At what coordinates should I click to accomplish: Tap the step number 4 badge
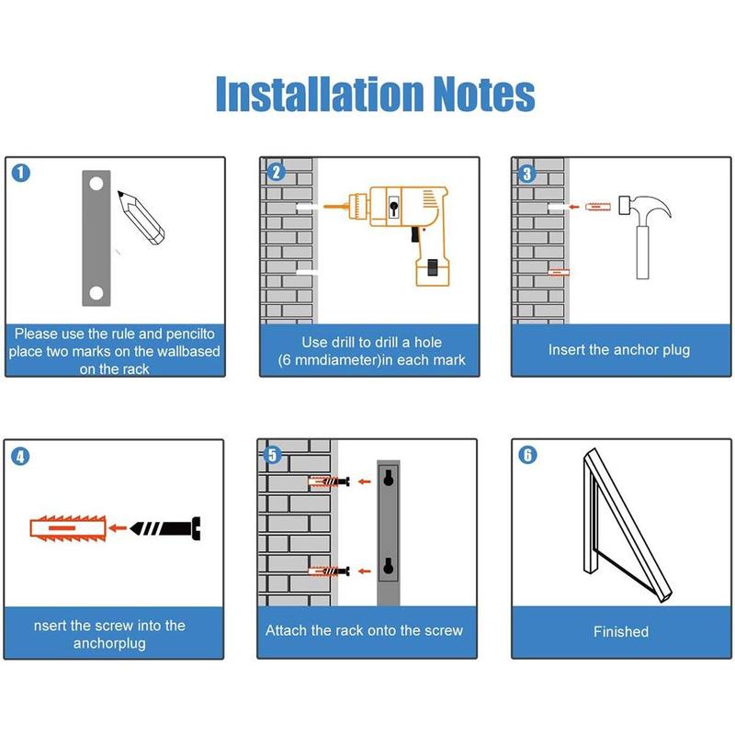coord(20,456)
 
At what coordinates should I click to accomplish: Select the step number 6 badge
coord(527,455)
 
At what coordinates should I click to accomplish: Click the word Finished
coord(620,632)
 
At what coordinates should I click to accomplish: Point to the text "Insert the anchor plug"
coord(618,350)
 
